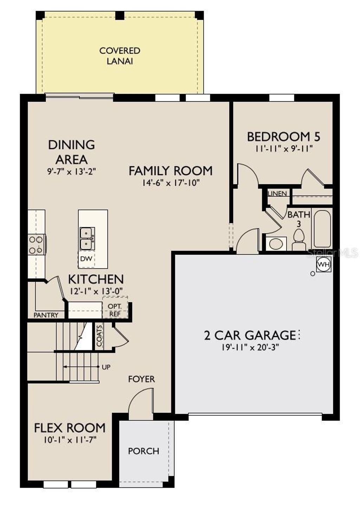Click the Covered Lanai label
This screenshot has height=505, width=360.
click(120, 56)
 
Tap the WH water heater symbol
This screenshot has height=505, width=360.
click(323, 264)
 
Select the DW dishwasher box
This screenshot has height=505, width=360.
click(86, 259)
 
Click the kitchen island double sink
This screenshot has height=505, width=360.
click(87, 238)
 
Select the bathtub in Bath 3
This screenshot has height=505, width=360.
click(322, 229)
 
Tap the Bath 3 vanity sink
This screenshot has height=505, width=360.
click(276, 244)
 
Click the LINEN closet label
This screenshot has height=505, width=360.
click(277, 194)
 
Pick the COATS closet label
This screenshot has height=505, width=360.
click(99, 336)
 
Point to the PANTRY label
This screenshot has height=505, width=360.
click(46, 315)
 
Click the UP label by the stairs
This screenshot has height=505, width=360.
click(106, 367)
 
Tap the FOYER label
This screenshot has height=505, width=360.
click(141, 379)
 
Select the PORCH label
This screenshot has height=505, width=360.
click(143, 451)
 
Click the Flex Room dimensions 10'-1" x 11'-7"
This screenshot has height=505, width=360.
click(70, 440)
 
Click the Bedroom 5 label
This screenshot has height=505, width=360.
click(283, 136)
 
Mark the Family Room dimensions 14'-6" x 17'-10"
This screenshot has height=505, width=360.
click(171, 183)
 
